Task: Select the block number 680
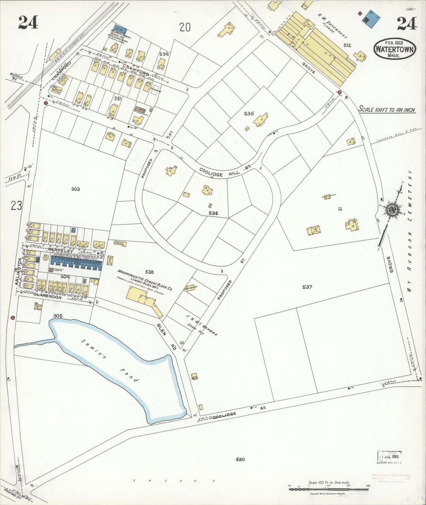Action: point(240,459)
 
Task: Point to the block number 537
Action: point(307,287)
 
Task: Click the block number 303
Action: point(75,189)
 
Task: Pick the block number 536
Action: point(213,213)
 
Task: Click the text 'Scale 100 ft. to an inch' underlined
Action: point(386,110)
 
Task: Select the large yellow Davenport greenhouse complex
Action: point(318,50)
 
